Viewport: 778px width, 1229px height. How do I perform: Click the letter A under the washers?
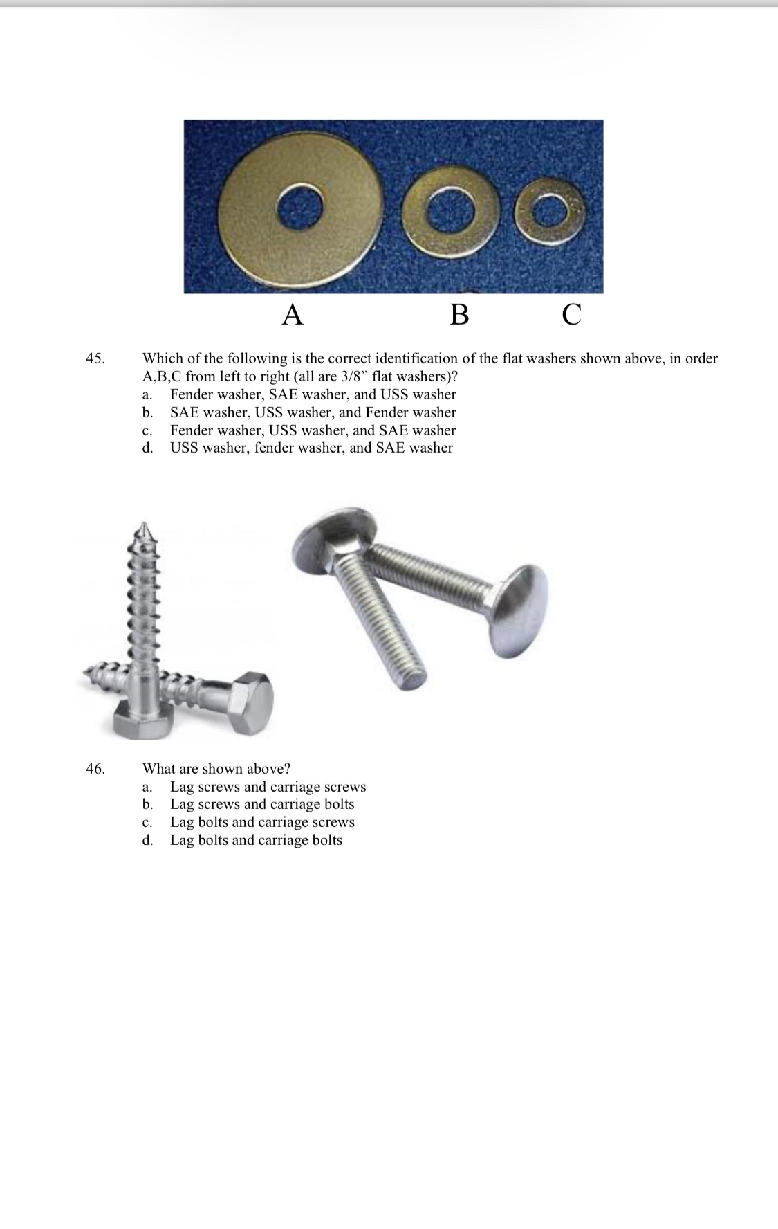[293, 315]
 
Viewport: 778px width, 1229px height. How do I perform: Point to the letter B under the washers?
[459, 315]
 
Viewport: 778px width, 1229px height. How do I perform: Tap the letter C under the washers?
[571, 315]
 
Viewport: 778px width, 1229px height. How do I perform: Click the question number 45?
[95, 358]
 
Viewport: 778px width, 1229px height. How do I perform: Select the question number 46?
[95, 769]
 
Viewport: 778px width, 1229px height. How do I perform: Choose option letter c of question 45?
[147, 430]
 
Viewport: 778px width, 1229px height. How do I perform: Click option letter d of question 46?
[147, 840]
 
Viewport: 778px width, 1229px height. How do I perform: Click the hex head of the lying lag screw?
[251, 700]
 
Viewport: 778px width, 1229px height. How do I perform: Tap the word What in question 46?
[158, 769]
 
